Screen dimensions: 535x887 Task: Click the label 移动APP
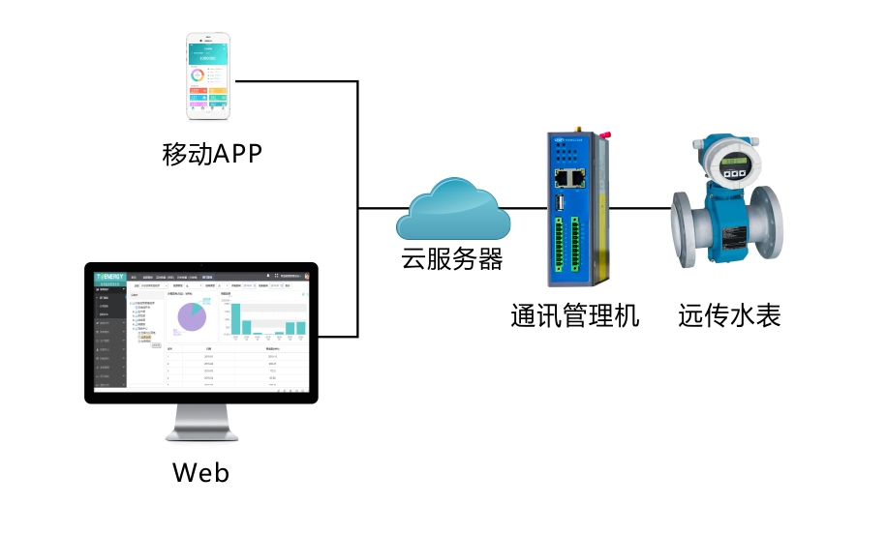[x=212, y=153]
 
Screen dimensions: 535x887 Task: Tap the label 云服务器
[x=452, y=259]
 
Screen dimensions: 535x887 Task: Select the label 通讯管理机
[x=575, y=315]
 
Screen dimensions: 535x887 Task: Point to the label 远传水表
[x=729, y=315]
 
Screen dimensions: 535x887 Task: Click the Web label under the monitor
[x=200, y=472]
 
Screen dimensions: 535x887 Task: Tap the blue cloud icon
[x=451, y=208]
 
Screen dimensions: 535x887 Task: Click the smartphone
[x=208, y=75]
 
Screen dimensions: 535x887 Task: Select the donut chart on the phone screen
[x=199, y=74]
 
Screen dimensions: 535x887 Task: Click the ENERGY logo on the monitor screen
[x=109, y=277]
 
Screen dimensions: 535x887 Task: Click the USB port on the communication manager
[x=561, y=202]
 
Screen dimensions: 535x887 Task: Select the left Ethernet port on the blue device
[x=563, y=178]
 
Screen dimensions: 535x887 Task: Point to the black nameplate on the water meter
[x=734, y=236]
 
